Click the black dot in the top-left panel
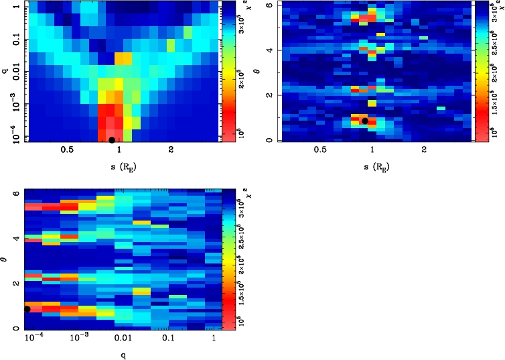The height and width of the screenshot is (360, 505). coord(111,140)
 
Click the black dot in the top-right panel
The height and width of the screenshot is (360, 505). coord(365,121)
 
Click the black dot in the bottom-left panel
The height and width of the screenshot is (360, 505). coord(27,309)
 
